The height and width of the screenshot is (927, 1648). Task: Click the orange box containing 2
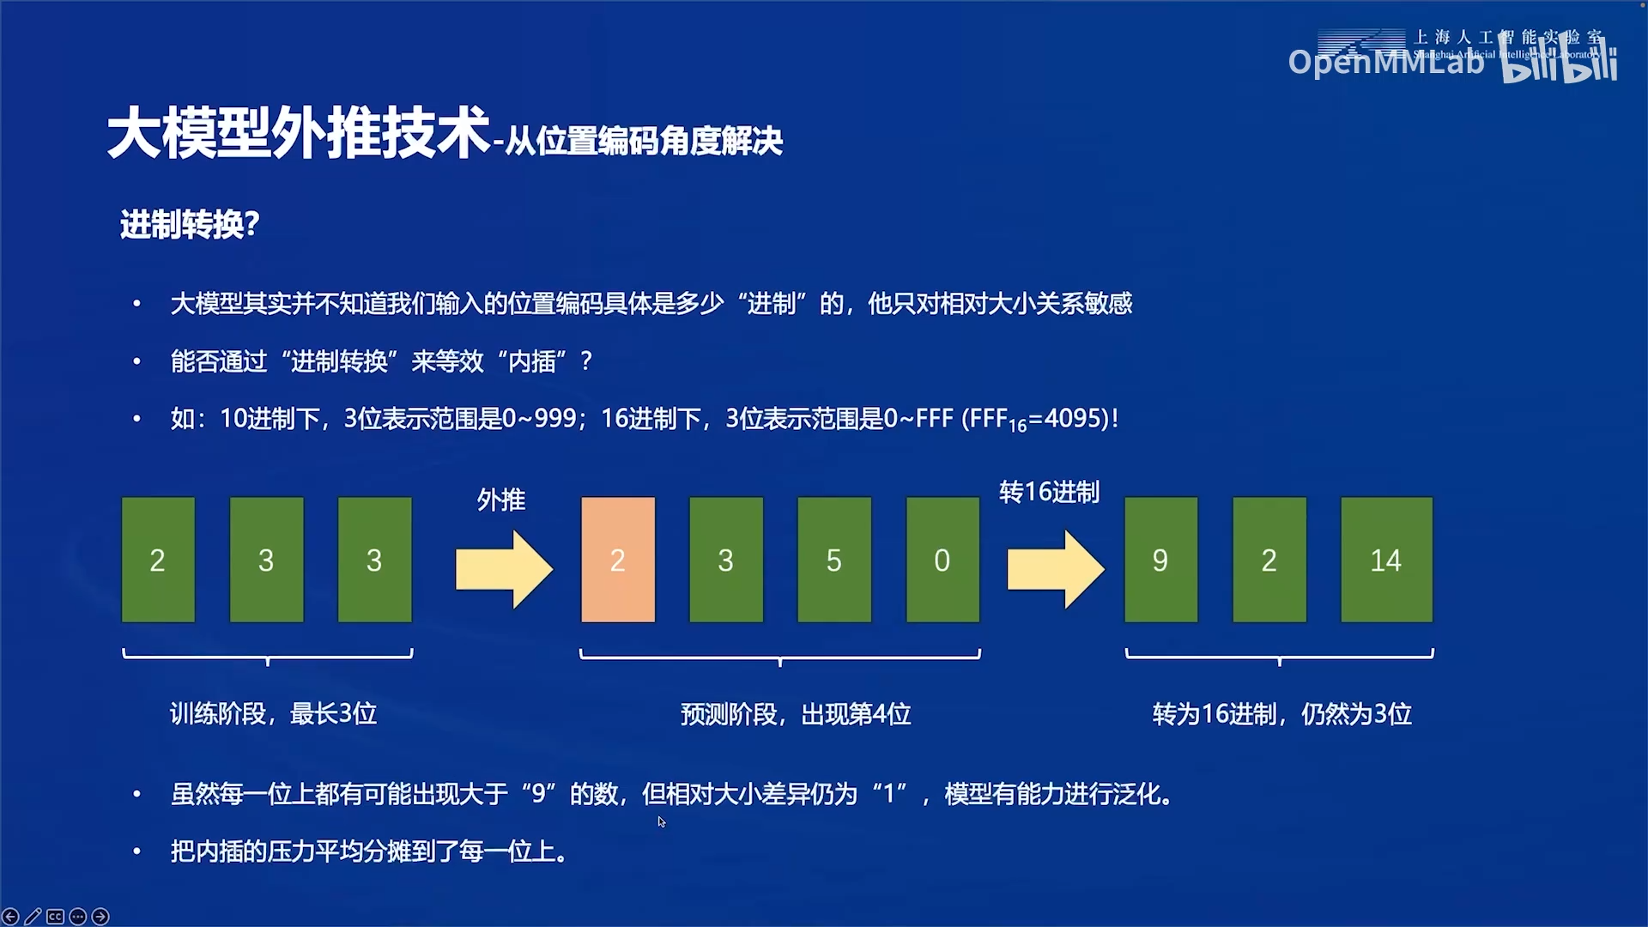(x=617, y=560)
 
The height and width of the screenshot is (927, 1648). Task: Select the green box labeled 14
(x=1385, y=560)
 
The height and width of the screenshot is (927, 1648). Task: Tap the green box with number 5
(x=833, y=560)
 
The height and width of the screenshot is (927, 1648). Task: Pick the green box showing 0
(x=942, y=560)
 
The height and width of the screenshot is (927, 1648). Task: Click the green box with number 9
(x=1160, y=560)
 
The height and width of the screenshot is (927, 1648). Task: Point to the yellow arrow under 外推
(x=504, y=568)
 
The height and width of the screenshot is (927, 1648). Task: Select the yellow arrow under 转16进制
(x=1055, y=568)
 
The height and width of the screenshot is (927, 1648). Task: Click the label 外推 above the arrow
(x=501, y=500)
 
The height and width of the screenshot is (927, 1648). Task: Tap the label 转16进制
(x=1049, y=493)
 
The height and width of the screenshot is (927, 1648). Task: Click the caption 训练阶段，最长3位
(x=273, y=713)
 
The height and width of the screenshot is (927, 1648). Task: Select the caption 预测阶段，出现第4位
(x=796, y=714)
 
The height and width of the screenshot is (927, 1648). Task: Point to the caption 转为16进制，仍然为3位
(x=1281, y=714)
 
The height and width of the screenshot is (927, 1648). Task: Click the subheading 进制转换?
(x=190, y=225)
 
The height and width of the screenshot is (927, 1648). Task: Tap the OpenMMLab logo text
(x=1385, y=62)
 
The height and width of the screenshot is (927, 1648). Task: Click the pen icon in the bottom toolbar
(x=33, y=917)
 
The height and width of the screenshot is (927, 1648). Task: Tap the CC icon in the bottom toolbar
(x=55, y=917)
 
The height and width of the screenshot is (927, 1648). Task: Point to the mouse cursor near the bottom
(x=662, y=821)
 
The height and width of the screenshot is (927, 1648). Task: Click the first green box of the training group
(x=158, y=560)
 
